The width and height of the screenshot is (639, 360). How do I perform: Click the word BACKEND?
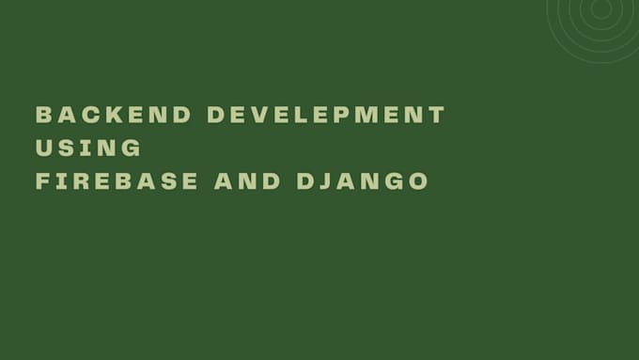pos(114,116)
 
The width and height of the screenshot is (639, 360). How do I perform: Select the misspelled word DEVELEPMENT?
pos(326,116)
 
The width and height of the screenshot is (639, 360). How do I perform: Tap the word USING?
pos(88,149)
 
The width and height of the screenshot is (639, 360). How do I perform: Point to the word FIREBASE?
pos(117,181)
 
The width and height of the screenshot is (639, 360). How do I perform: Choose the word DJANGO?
pos(363,181)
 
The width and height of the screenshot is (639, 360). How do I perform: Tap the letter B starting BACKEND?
pos(43,116)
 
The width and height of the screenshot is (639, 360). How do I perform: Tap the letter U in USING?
pos(43,149)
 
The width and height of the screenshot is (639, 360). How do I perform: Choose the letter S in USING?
pos(66,149)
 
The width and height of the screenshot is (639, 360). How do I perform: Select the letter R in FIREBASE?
pos(78,181)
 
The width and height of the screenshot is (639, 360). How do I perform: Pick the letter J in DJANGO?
pos(324,181)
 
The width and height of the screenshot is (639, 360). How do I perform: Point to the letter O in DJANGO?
pos(419,181)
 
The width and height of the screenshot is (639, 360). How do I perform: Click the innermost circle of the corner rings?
pos(600,8)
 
